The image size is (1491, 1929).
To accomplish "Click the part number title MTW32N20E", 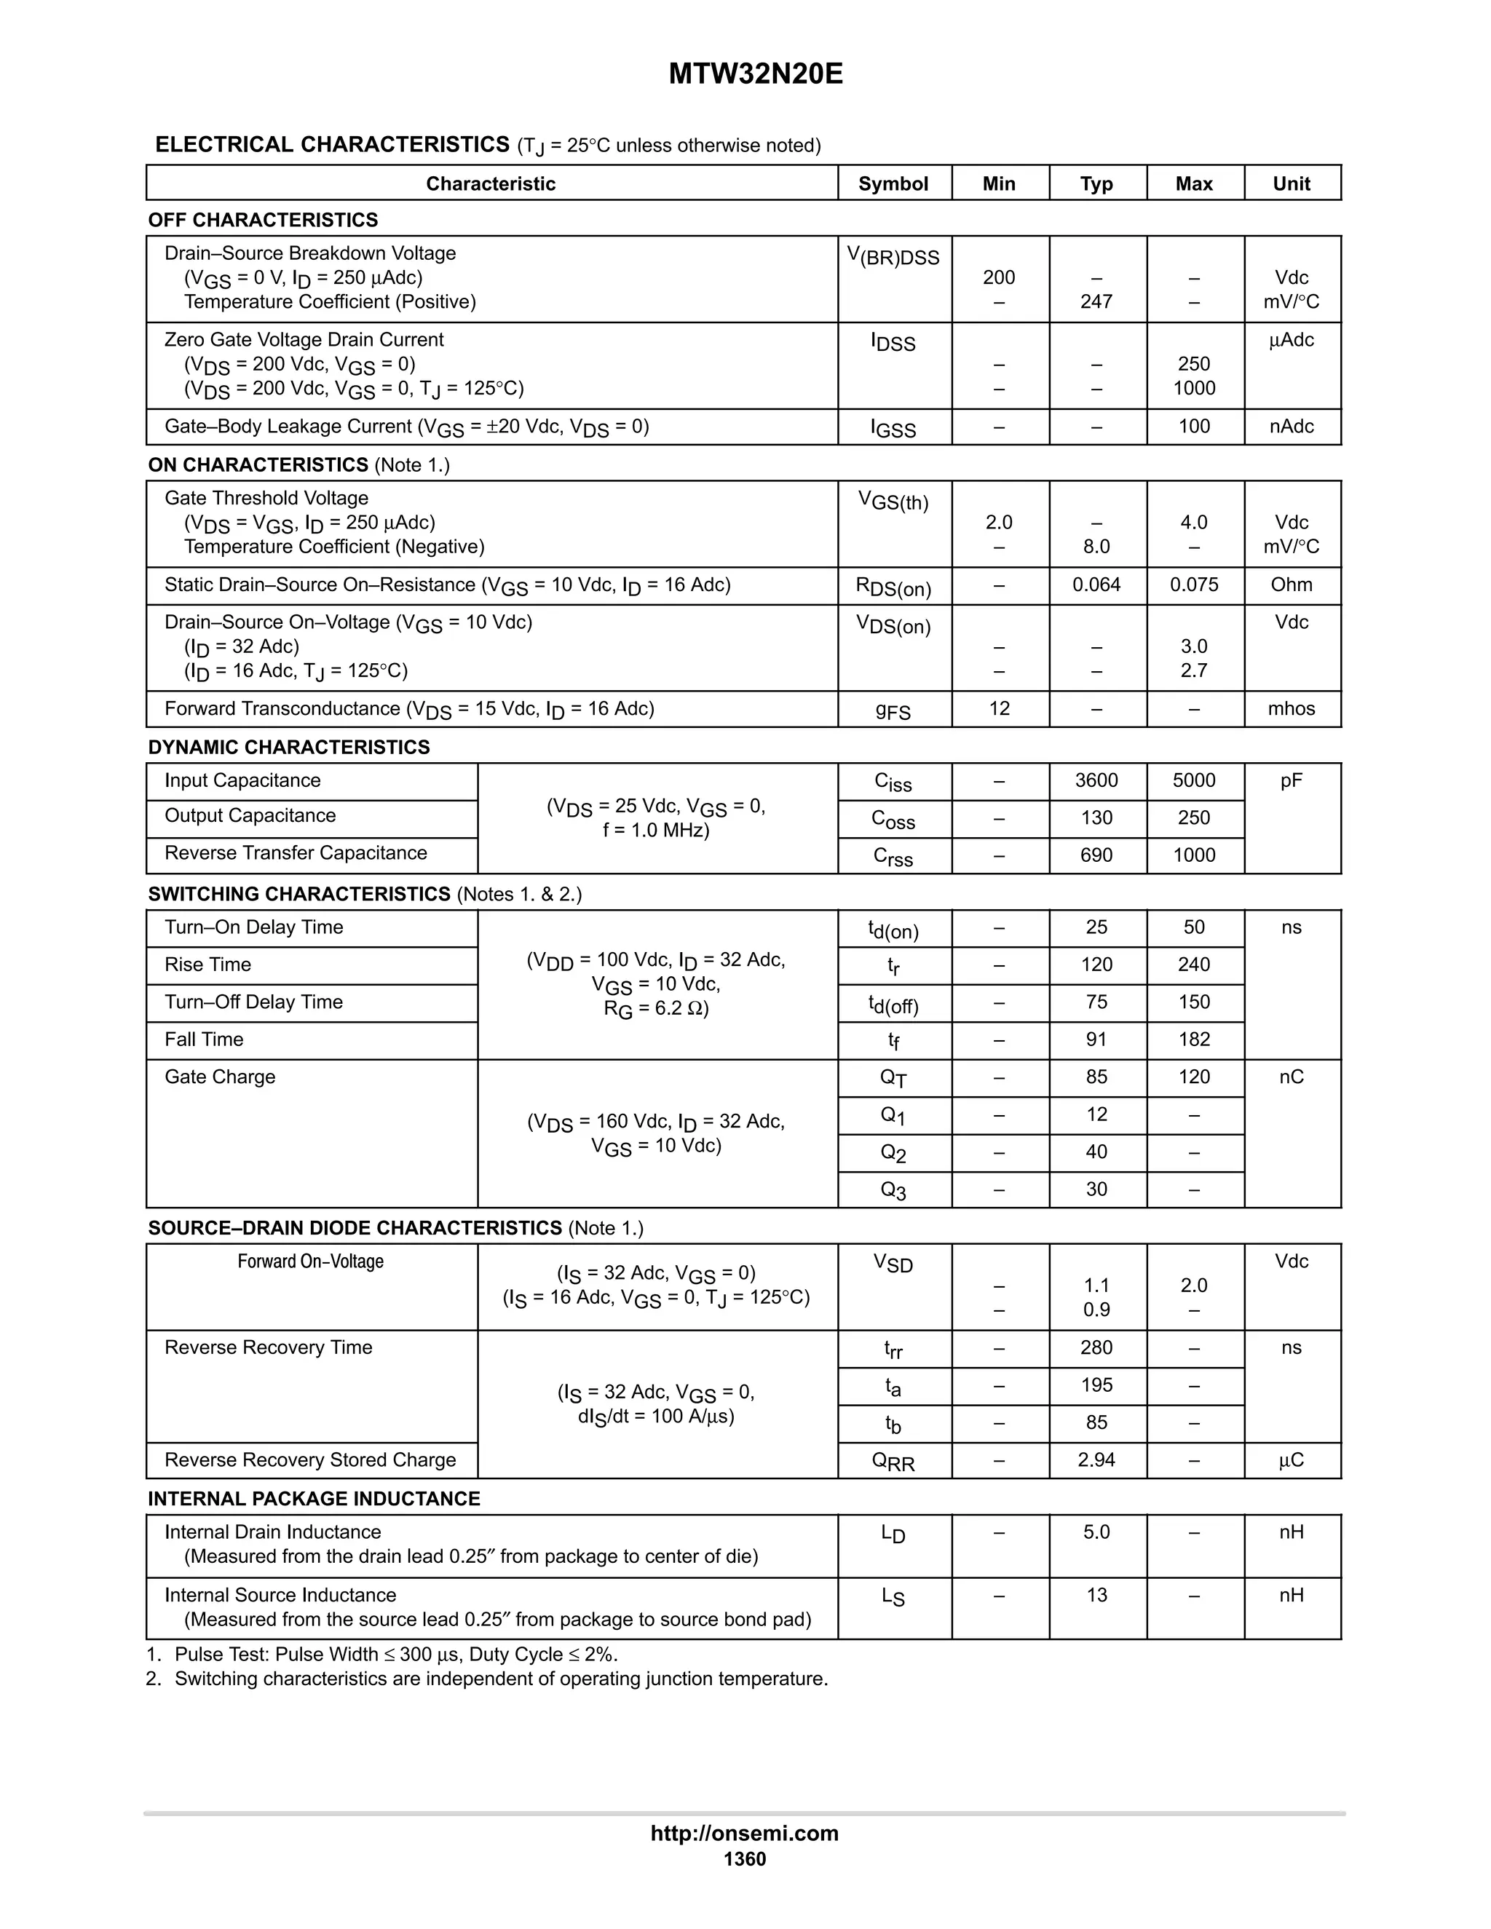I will click(755, 74).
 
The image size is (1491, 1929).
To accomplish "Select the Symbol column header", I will click(893, 183).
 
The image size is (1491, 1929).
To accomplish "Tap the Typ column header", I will click(1096, 183).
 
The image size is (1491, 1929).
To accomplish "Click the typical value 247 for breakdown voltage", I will click(1096, 302).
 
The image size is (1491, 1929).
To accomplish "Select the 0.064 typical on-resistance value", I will click(1096, 585).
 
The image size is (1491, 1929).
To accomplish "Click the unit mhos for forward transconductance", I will click(1291, 708).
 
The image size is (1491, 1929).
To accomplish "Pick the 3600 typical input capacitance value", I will click(1096, 781).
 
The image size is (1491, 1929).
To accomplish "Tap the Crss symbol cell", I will click(893, 856).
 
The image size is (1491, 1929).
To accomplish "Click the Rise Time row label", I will click(207, 964).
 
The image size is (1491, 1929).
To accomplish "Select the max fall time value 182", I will click(1193, 1039).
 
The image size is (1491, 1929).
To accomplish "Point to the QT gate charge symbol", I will click(893, 1077).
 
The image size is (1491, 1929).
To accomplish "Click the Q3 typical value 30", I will click(1096, 1189).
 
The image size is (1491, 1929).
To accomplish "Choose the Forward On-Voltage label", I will click(310, 1261).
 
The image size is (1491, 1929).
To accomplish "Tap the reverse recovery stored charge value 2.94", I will click(1096, 1460).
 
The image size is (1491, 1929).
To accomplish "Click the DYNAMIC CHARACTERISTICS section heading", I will click(289, 748).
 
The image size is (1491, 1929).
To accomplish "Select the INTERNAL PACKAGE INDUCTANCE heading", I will click(314, 1499).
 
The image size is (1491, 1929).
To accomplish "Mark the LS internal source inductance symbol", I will click(893, 1597).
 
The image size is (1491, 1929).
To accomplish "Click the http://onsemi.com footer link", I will click(745, 1833).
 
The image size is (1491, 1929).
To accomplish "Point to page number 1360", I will click(745, 1859).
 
